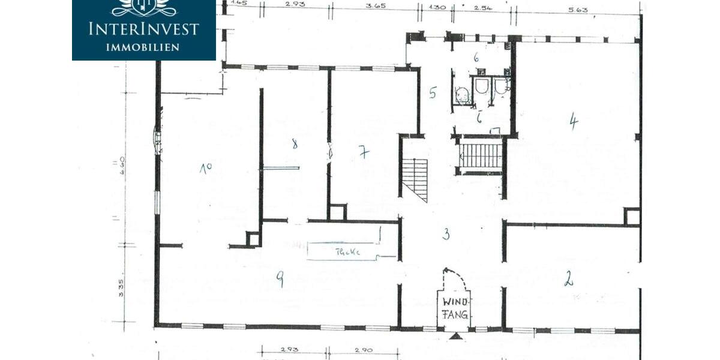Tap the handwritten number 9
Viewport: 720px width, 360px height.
click(280, 278)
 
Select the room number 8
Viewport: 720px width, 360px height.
click(294, 144)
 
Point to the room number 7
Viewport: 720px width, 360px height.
click(364, 152)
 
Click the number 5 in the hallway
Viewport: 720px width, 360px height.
click(433, 93)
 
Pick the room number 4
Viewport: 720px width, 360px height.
click(574, 122)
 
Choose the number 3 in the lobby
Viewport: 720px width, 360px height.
click(446, 234)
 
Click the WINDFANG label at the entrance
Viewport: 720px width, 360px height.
click(455, 308)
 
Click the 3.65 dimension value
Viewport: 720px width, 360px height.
click(375, 6)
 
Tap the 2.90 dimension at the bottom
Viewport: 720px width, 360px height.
click(364, 349)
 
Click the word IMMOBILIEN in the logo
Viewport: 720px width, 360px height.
click(143, 47)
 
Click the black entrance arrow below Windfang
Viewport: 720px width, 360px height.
click(456, 335)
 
